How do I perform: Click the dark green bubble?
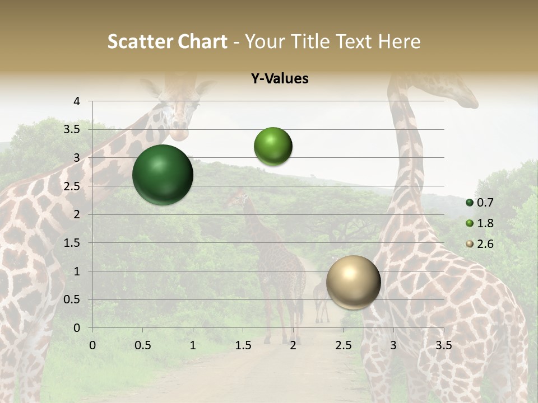[163, 175]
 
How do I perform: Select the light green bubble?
[273, 146]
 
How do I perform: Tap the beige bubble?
[353, 282]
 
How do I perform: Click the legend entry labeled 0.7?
[480, 203]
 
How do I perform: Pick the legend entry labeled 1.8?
[480, 223]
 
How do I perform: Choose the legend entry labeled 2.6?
[480, 244]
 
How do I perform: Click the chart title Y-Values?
[279, 79]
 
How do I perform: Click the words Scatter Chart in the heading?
[167, 41]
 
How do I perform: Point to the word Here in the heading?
[398, 41]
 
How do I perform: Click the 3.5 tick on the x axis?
[443, 345]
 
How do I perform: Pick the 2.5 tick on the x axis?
[343, 345]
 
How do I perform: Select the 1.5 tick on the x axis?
[243, 345]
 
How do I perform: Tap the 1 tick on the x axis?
[193, 345]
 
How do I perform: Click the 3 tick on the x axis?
[393, 345]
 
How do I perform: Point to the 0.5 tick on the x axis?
[142, 345]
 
